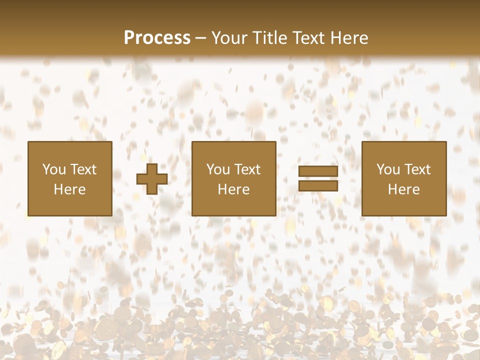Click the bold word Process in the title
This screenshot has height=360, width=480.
click(157, 38)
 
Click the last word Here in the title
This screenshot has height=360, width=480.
click(348, 38)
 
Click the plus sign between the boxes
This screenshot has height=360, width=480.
click(152, 179)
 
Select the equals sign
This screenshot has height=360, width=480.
click(318, 178)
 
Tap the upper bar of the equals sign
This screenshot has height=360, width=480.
click(318, 171)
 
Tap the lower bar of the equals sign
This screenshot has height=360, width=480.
click(318, 185)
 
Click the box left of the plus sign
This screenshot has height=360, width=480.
click(69, 178)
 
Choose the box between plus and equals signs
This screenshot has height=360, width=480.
click(234, 178)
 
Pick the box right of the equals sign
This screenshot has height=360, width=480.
click(403, 178)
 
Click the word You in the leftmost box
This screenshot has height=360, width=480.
click(53, 169)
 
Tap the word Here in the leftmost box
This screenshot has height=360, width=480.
click(69, 189)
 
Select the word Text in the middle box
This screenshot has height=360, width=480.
click(247, 169)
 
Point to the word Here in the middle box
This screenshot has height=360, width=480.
click(234, 189)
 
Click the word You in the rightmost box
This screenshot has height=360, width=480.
click(388, 169)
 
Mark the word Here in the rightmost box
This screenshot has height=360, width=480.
click(403, 189)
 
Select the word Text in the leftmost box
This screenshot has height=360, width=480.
click(82, 169)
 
